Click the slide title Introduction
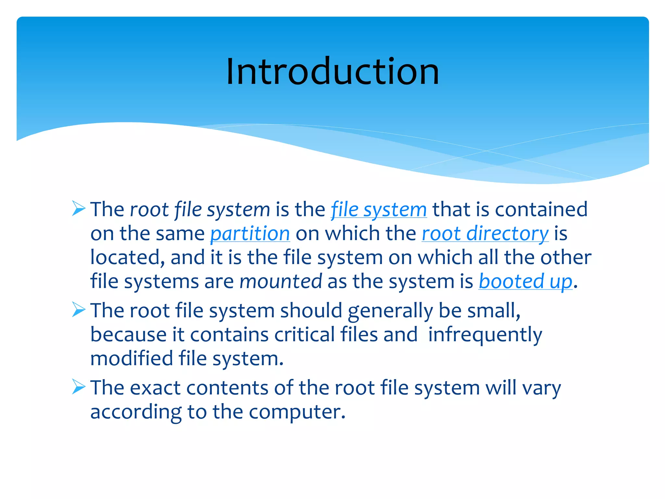[332, 71]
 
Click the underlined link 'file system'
[379, 210]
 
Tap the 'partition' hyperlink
[250, 234]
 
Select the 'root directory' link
[485, 234]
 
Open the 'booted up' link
[525, 281]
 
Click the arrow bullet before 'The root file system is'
[79, 208]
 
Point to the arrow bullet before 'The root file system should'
[79, 309]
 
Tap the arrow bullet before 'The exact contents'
[79, 387]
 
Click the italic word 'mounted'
[281, 281]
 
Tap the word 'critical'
[304, 335]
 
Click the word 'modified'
[132, 359]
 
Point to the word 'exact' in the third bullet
[155, 388]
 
